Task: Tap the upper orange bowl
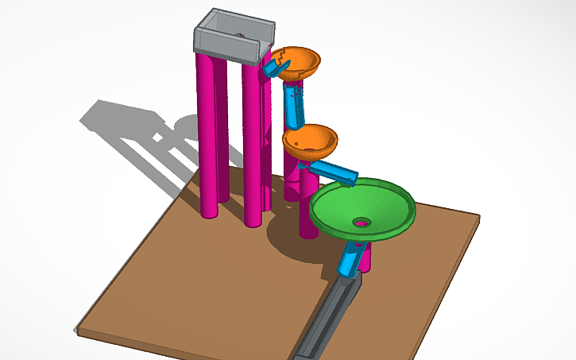[x=300, y=64]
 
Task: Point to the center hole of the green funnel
[x=362, y=223]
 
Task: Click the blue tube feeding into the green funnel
[x=334, y=170]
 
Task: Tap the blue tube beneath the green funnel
[x=349, y=259]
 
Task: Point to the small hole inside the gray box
[x=238, y=35]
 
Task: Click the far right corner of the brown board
[x=480, y=218]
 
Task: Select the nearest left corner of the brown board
[x=77, y=328]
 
